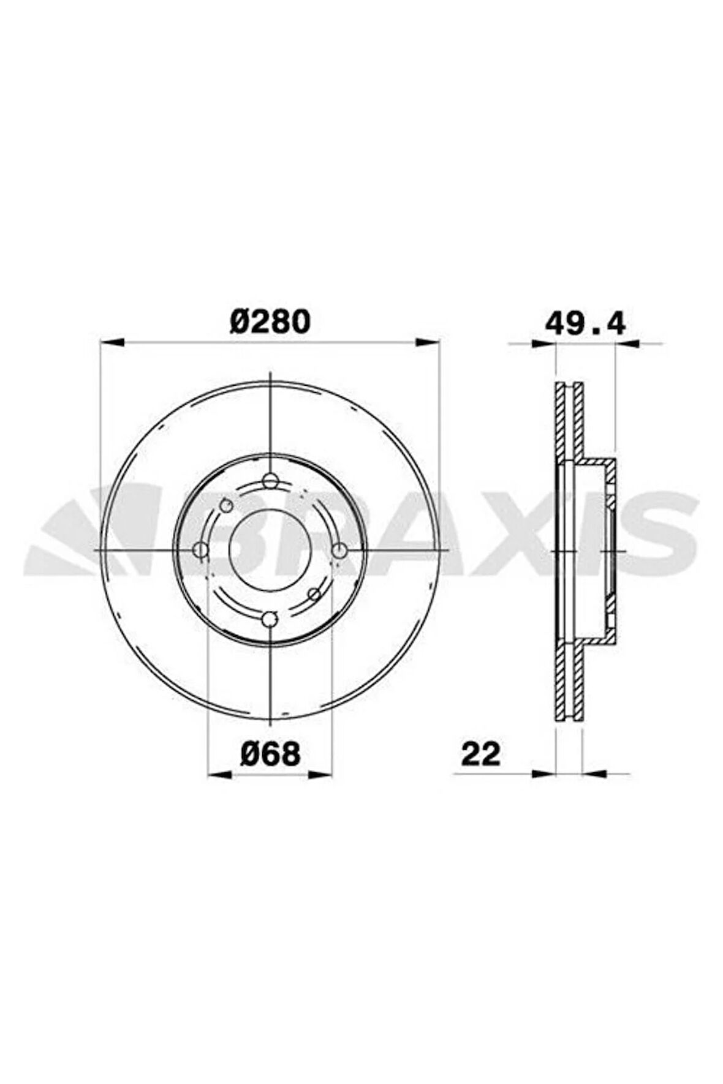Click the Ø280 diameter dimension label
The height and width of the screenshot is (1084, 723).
270,322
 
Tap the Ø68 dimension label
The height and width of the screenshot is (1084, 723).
270,753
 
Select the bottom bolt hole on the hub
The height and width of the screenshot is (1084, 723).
270,620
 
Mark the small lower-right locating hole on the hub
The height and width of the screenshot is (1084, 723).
314,594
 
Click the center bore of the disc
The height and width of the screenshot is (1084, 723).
270,549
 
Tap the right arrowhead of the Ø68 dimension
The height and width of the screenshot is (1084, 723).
320,774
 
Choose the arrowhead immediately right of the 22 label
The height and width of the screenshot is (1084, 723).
543,773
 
